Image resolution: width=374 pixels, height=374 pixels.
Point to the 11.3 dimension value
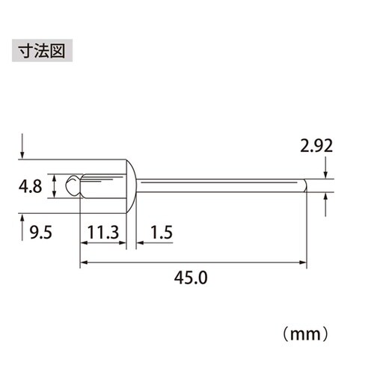tap(102, 233)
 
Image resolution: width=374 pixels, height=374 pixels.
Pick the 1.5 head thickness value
tap(161, 233)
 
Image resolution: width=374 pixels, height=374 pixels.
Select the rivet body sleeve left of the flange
tap(101, 186)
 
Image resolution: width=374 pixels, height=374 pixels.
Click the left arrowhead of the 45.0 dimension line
tap(83, 262)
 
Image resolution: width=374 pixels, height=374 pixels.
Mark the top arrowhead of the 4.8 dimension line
tap(53, 175)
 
